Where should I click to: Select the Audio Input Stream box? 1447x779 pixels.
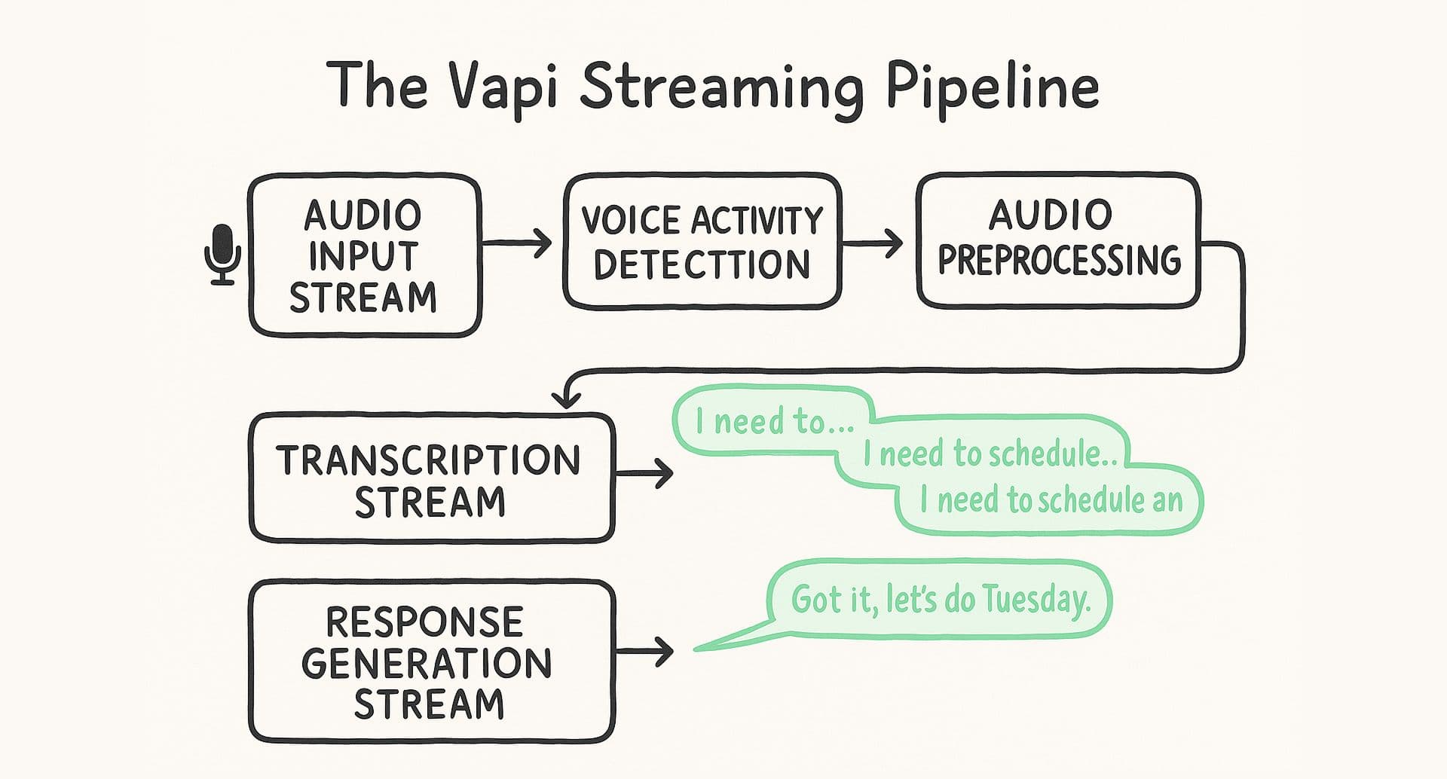point(364,255)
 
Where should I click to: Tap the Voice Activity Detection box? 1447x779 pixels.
point(702,241)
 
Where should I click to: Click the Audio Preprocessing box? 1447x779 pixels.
point(1057,240)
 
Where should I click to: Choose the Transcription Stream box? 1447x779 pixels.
point(430,479)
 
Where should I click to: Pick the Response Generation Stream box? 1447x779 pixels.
point(430,661)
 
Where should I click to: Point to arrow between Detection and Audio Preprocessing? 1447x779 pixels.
point(873,243)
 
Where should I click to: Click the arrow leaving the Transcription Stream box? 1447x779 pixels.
point(645,474)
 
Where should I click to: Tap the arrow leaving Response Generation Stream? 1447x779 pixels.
point(645,651)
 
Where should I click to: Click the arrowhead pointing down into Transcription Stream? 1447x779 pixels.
point(566,399)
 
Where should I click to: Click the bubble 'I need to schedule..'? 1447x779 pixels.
point(989,454)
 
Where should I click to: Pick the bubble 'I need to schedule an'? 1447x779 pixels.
point(1051,499)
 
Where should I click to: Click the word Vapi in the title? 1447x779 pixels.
point(503,87)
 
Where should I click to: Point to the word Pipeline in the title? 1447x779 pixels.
point(992,87)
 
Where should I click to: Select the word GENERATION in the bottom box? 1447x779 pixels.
point(427,664)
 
